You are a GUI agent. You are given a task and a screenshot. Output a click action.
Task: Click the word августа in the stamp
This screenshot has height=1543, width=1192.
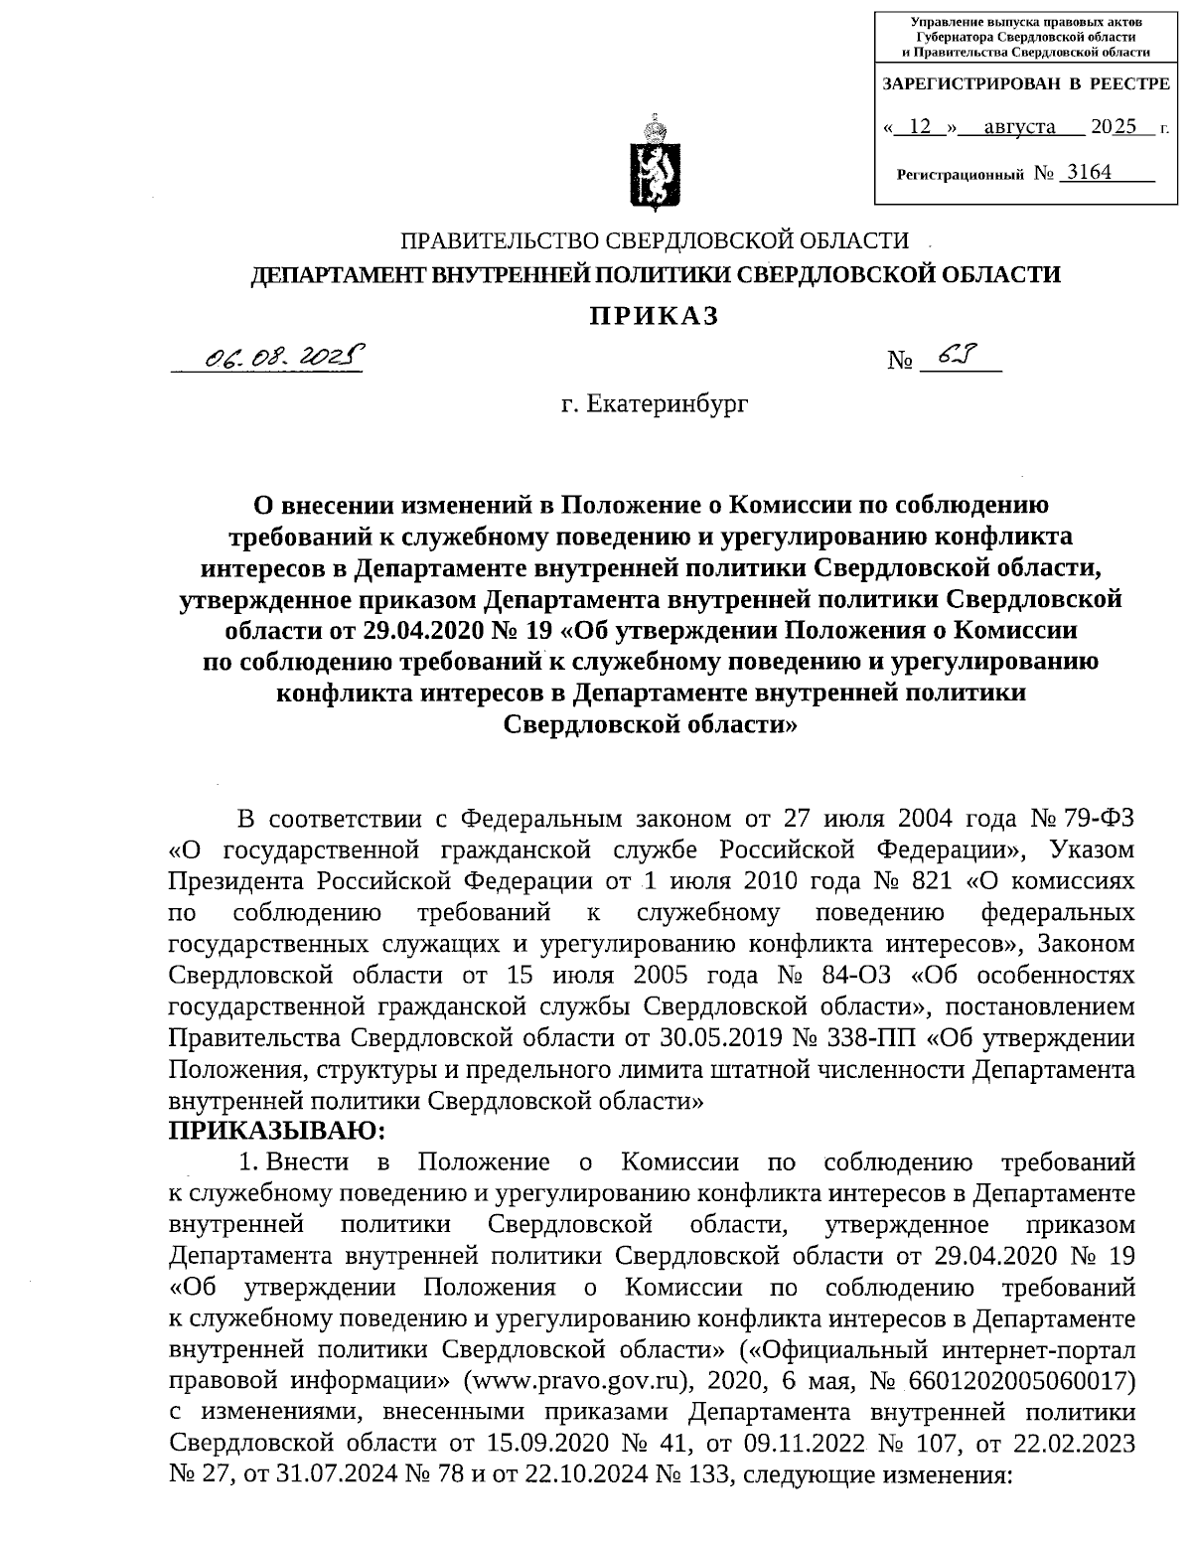click(x=1019, y=127)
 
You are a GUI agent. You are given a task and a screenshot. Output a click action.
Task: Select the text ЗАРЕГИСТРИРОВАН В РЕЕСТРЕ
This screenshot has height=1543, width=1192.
click(x=1027, y=84)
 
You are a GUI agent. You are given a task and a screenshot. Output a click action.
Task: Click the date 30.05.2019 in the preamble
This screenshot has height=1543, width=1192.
click(x=723, y=1038)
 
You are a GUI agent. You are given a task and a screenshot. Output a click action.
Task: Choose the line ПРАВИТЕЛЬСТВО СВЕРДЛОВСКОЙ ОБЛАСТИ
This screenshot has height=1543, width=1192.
click(x=654, y=240)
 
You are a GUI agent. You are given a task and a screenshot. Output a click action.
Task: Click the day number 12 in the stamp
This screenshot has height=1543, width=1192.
click(x=923, y=127)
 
